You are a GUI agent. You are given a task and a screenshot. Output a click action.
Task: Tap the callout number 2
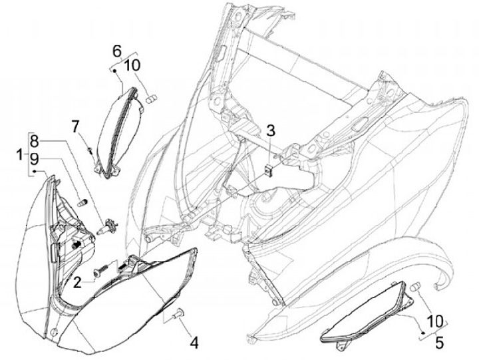77,282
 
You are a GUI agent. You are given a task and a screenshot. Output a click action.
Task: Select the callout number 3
270,130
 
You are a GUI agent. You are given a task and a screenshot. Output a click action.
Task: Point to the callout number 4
194,343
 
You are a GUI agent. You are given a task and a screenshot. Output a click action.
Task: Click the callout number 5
439,343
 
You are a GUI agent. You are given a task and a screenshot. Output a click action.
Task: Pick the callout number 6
117,51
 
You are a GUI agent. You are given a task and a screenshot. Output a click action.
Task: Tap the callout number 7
75,126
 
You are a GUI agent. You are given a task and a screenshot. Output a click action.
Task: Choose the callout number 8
35,142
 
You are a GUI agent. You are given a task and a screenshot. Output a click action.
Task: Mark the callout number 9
35,159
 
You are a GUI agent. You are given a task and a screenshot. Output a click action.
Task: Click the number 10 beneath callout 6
132,65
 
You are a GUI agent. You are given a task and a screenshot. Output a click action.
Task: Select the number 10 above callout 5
435,321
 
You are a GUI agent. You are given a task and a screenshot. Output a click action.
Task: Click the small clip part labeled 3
269,169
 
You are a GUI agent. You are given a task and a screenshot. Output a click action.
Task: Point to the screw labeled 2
101,270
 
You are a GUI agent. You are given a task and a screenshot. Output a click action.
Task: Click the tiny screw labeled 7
90,150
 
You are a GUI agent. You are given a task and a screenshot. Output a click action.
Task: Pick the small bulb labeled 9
82,202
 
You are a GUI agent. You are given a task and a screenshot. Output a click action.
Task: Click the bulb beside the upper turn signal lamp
152,99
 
